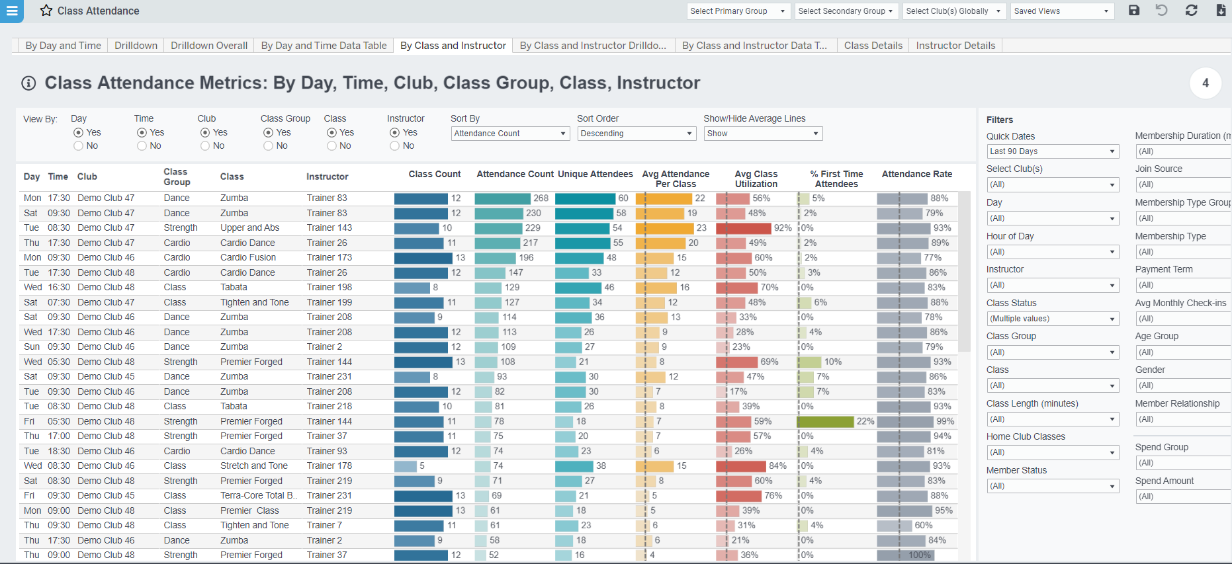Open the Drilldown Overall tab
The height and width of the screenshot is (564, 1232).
(209, 46)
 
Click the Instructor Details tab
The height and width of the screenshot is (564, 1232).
(955, 46)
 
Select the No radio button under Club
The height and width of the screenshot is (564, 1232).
(205, 146)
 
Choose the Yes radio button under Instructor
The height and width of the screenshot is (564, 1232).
(394, 133)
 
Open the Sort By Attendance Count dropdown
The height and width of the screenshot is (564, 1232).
(510, 134)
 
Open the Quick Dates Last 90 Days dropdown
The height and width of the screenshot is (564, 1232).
(1052, 151)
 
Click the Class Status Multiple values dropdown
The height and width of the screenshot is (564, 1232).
(1052, 319)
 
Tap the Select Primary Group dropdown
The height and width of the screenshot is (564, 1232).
(737, 11)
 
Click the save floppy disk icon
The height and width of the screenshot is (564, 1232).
(1134, 11)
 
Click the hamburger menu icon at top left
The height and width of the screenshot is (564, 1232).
(12, 11)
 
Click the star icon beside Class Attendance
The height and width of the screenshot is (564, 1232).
(46, 11)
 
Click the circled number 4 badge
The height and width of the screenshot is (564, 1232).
(1205, 83)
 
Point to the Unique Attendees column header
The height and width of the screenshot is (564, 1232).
(595, 175)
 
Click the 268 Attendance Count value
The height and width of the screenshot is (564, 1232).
(541, 198)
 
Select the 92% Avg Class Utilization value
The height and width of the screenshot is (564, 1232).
(783, 228)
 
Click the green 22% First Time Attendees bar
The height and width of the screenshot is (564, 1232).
(825, 421)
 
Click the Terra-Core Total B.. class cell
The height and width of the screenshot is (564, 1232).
(259, 496)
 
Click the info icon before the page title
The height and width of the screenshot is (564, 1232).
(28, 83)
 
